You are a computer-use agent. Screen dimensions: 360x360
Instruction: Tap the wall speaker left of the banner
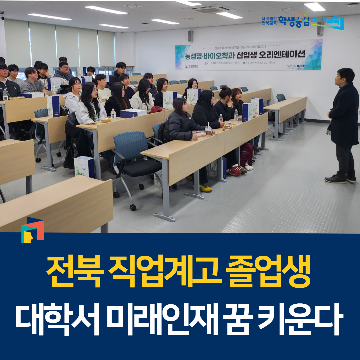tap(190, 36)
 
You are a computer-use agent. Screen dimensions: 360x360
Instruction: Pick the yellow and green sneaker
tap(205, 188)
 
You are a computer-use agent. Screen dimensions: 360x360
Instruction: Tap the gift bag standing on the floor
tap(84, 166)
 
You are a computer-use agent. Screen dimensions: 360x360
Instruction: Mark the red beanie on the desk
tap(156, 109)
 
